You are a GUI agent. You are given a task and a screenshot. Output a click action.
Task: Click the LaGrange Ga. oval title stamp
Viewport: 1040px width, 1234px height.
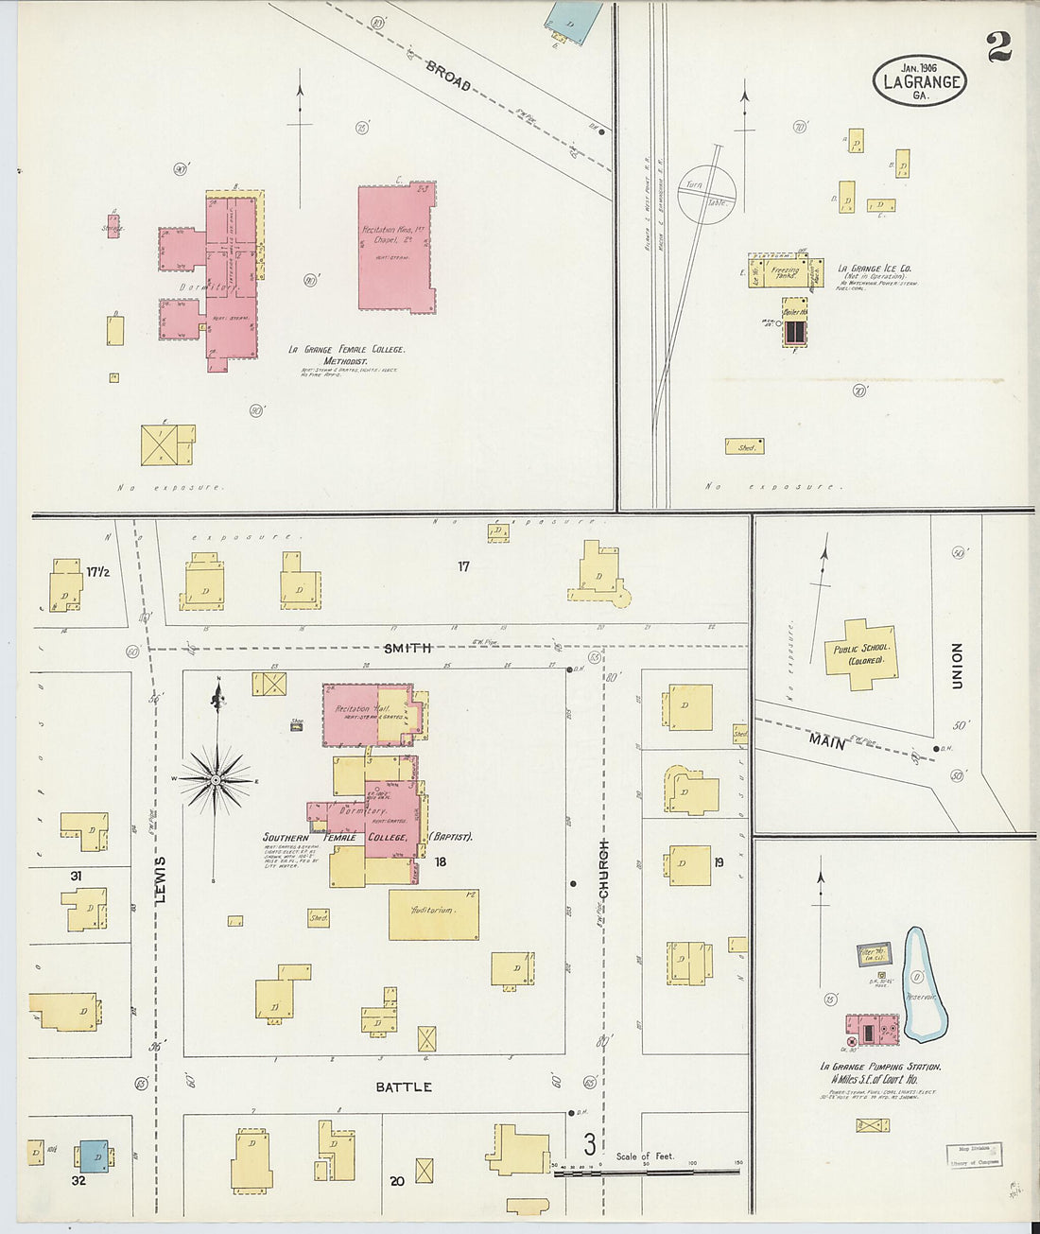[919, 80]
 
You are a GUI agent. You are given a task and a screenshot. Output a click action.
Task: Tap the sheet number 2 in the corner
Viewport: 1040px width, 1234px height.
[998, 46]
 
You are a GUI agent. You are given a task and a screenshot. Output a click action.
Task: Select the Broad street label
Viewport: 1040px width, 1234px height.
[447, 75]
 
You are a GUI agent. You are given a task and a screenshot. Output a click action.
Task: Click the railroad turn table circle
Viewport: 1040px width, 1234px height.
[706, 194]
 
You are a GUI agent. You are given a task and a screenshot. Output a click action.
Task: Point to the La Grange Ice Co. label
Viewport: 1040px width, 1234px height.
[875, 269]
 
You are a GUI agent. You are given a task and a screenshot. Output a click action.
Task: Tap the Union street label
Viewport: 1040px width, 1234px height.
[958, 665]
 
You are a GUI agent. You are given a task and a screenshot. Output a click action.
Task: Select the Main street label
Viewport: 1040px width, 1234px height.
[826, 742]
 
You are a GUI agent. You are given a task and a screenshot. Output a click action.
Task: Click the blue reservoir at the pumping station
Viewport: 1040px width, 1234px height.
[924, 983]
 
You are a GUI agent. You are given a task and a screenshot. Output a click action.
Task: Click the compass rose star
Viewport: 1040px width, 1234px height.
[217, 780]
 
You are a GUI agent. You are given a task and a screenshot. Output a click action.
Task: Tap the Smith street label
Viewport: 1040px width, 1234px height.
[407, 648]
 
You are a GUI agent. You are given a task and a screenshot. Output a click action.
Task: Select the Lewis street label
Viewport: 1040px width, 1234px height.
[161, 878]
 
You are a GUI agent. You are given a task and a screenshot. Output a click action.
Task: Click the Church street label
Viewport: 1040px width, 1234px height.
[603, 869]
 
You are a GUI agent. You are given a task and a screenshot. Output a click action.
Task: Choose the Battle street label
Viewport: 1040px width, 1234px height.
[404, 1086]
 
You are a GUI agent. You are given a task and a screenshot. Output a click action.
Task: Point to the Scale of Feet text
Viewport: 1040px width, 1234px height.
[645, 1156]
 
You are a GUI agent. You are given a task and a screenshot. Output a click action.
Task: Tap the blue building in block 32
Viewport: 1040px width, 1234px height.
[93, 1156]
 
